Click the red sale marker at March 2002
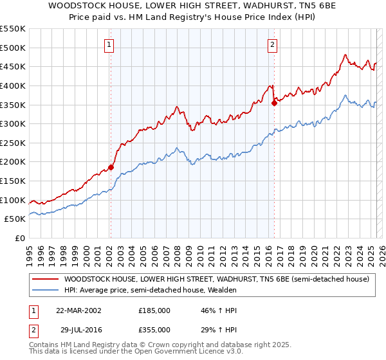click(111, 167)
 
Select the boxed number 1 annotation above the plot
click(109, 45)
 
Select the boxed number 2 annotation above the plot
click(273, 45)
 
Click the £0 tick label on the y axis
click(19, 238)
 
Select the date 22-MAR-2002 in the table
click(78, 310)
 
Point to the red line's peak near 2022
click(345, 55)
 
